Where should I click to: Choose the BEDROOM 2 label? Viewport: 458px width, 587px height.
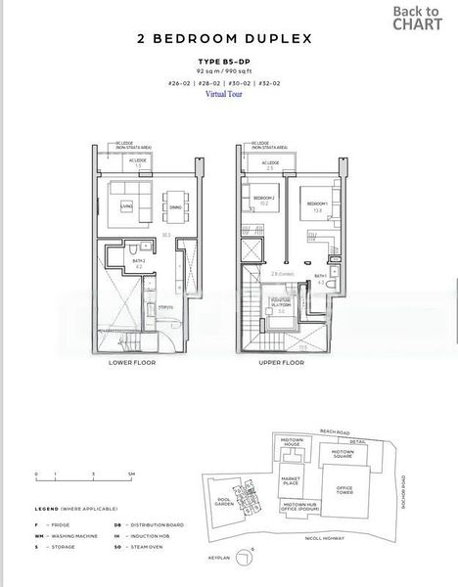pos(265,199)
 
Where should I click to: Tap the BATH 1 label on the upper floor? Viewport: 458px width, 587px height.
pos(320,277)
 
